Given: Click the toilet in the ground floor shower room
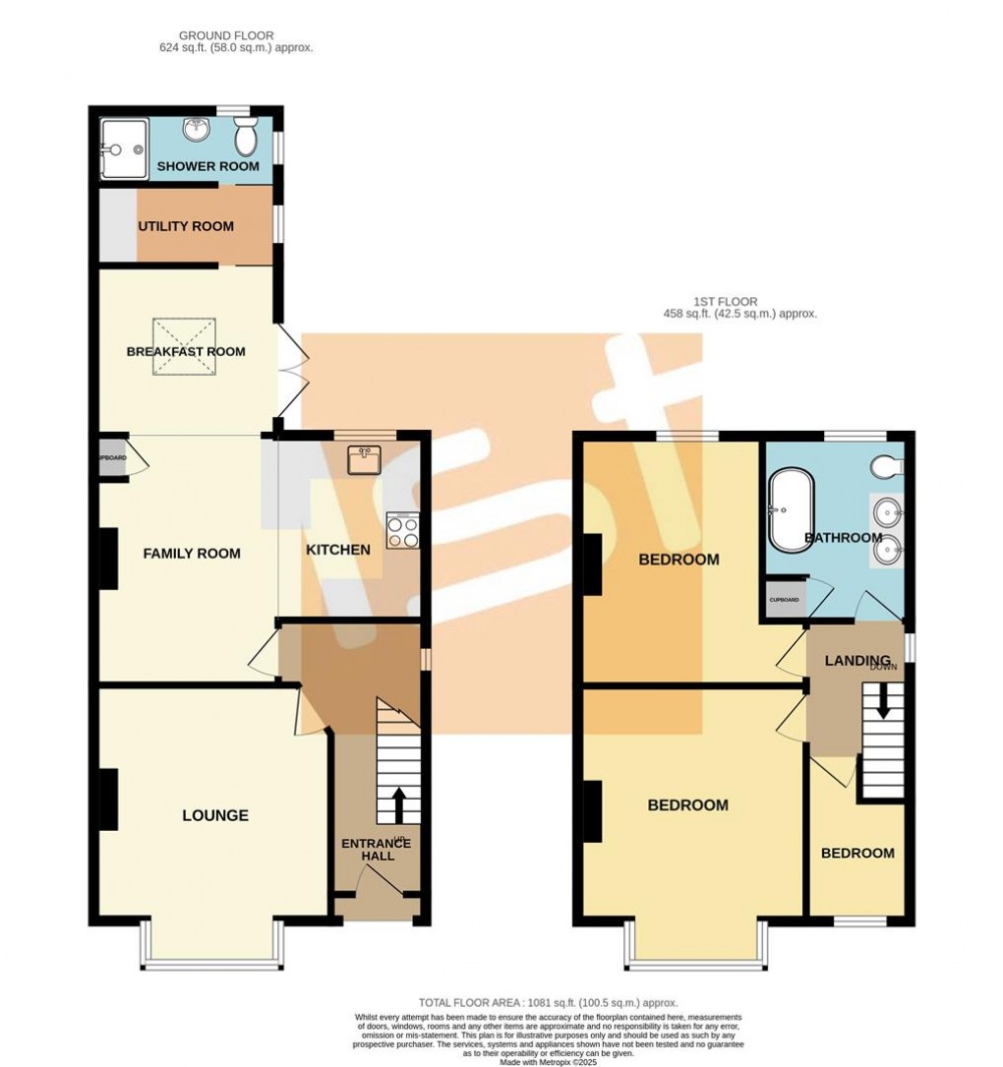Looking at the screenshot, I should [x=246, y=139].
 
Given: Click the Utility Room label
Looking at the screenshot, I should [x=186, y=226].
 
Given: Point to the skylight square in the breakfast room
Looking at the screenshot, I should [x=182, y=347].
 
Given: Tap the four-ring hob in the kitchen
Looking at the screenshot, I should [x=403, y=531].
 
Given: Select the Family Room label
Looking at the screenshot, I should [x=192, y=554].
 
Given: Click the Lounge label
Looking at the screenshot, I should [x=215, y=815].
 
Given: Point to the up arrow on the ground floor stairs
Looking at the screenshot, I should [x=398, y=803].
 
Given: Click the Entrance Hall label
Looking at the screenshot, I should [x=376, y=850].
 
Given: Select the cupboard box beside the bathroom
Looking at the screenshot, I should [x=784, y=599].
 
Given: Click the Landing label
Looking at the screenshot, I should [x=857, y=660].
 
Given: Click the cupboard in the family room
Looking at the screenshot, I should [x=111, y=458].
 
